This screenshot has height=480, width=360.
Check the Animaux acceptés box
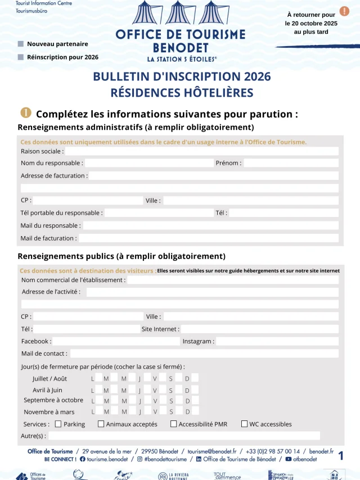pos(101,424)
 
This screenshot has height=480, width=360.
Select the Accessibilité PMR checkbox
pos(173,424)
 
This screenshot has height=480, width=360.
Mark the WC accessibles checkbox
pos(244,424)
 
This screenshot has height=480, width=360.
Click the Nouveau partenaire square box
pos(21,44)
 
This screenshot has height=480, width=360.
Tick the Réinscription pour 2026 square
pos(21,57)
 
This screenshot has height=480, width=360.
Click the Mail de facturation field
pos(208,238)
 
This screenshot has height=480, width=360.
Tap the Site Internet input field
pos(259,329)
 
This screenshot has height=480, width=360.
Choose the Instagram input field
pos(277,341)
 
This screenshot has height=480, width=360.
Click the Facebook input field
pos(115,341)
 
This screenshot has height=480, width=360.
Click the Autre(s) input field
pos(184,436)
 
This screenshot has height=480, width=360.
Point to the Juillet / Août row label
pos(49,378)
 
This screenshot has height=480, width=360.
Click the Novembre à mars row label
pos(49,412)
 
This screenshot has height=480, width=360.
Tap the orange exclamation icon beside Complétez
pos(26,114)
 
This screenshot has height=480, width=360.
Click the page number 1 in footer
pos(341,455)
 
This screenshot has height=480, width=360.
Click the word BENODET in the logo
pos(181,48)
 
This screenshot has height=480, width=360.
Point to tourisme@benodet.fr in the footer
pos(212,451)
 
